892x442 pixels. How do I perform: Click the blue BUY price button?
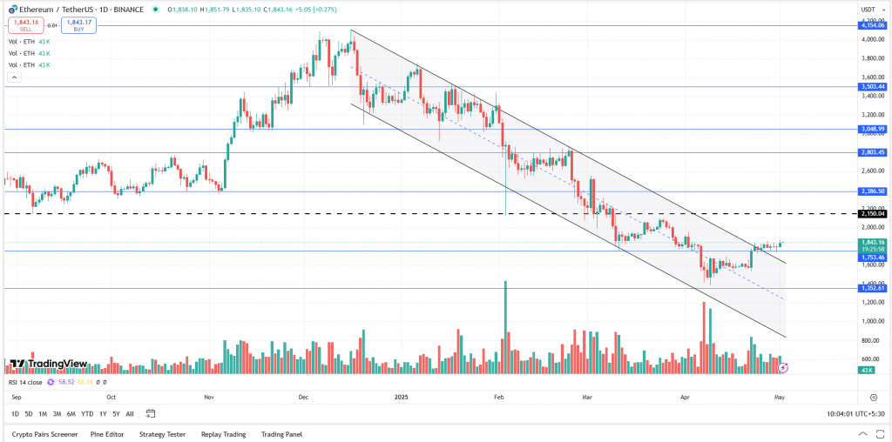(x=78, y=25)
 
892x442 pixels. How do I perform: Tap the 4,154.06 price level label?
(x=872, y=26)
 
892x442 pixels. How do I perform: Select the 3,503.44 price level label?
(x=872, y=87)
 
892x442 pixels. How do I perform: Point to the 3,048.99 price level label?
(x=872, y=129)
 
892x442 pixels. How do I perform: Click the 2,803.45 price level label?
(x=872, y=152)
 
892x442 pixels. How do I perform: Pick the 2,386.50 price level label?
(x=872, y=191)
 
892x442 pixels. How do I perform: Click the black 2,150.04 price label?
(x=872, y=213)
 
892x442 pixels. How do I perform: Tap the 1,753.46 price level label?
(x=872, y=258)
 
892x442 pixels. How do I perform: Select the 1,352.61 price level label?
(x=872, y=288)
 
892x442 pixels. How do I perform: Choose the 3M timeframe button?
(x=57, y=413)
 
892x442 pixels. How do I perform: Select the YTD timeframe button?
(x=87, y=413)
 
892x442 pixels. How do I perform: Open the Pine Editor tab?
(x=108, y=433)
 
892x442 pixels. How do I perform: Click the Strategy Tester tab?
(x=163, y=433)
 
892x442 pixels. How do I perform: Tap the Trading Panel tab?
(x=281, y=433)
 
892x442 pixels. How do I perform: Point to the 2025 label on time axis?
(x=402, y=396)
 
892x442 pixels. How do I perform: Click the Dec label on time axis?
(x=303, y=396)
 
